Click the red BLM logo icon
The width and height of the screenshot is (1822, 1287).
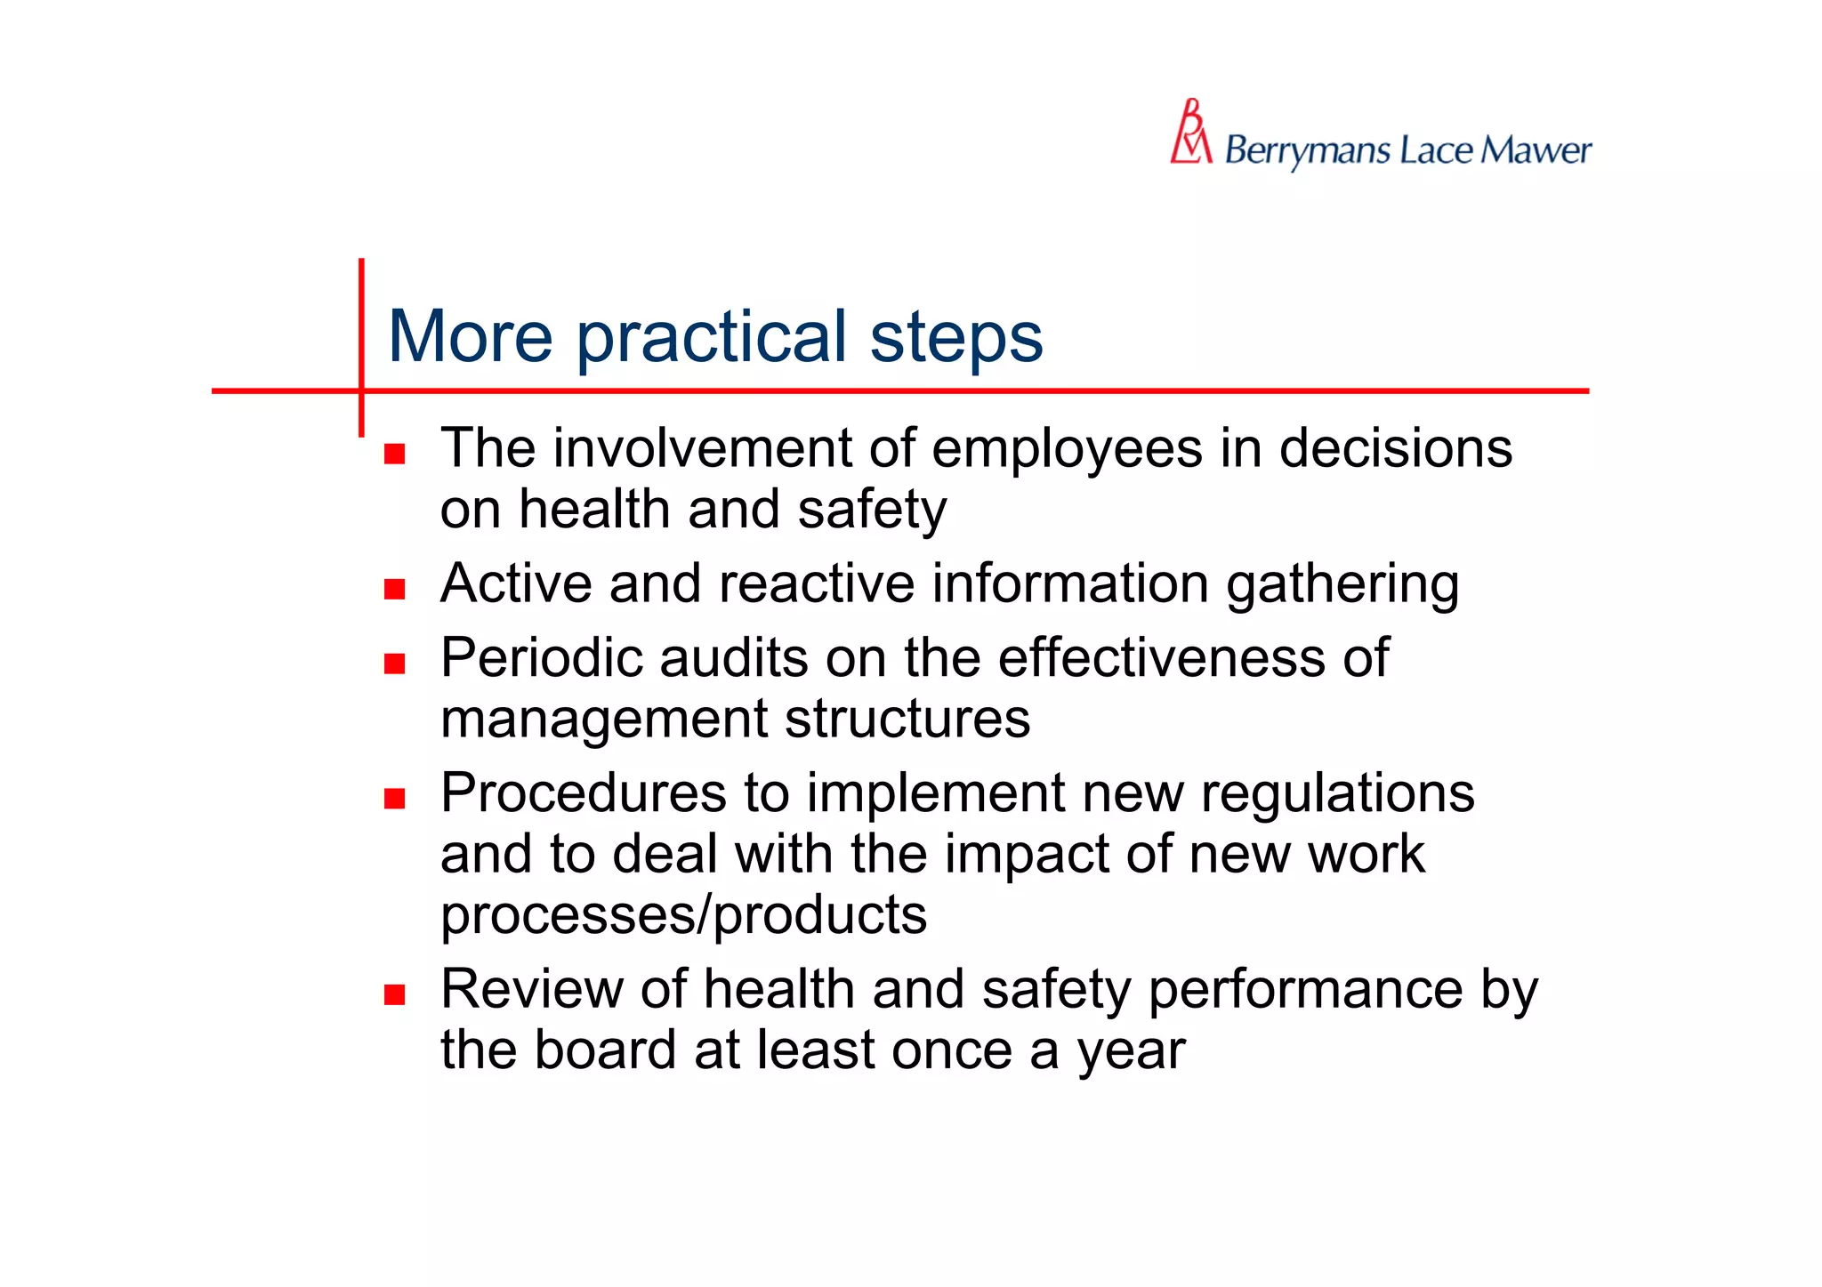(x=1190, y=133)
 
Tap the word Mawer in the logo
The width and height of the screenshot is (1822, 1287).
(x=1536, y=150)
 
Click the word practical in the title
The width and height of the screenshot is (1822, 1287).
(x=711, y=338)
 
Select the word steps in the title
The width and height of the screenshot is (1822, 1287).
(x=955, y=338)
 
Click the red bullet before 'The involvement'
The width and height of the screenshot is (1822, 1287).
(x=395, y=454)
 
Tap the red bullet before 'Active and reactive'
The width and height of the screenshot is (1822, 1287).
(x=395, y=589)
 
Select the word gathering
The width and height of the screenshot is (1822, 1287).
(x=1342, y=585)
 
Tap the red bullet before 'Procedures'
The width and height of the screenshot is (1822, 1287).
(x=395, y=798)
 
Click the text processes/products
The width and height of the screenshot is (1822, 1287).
(x=683, y=914)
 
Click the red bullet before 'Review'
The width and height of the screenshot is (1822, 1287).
(x=395, y=994)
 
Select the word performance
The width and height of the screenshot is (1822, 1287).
(x=1305, y=990)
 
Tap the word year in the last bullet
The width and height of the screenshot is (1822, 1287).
(x=1132, y=1051)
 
